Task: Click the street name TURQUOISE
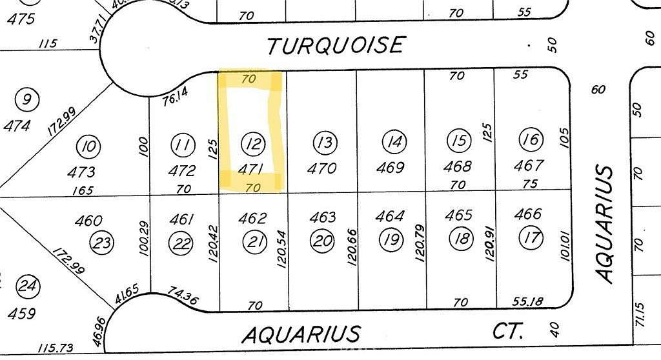336,45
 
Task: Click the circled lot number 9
26,100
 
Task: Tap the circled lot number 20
323,241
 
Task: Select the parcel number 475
21,18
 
